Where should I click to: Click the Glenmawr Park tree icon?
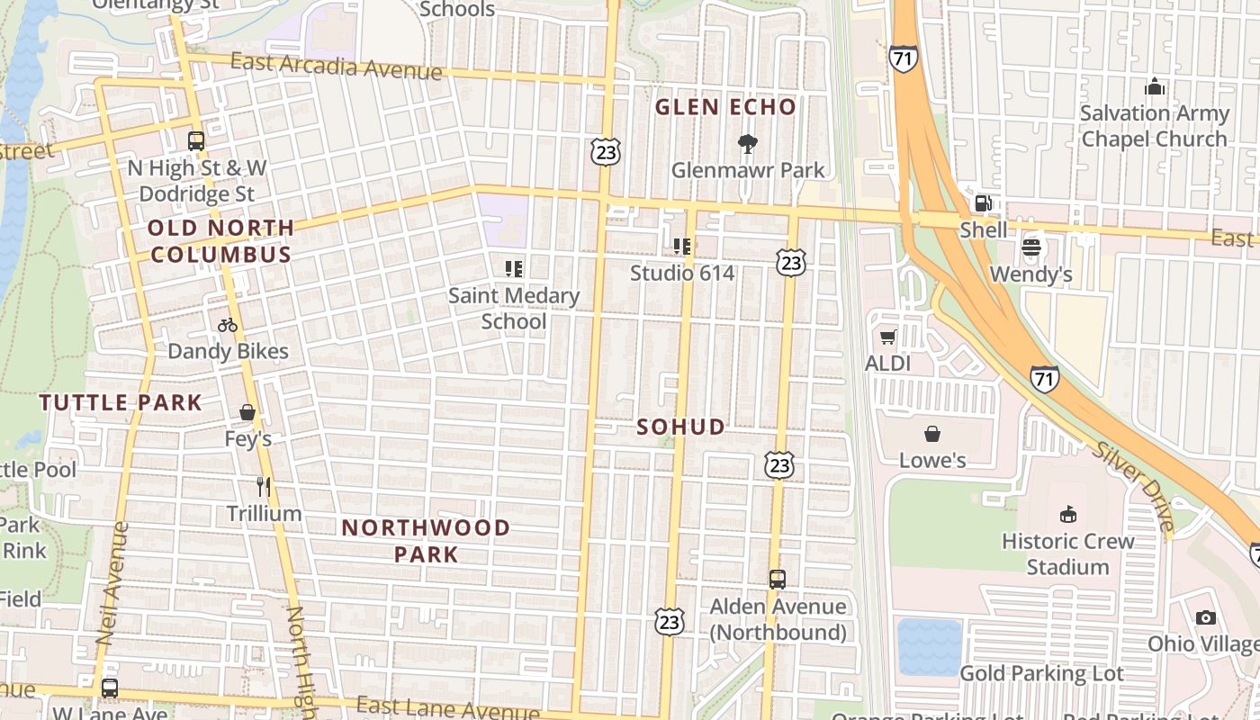pyautogui.click(x=747, y=143)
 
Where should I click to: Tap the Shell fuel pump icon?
pyautogui.click(x=984, y=203)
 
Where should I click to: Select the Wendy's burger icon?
pyautogui.click(x=1031, y=247)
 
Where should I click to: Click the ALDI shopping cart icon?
pyautogui.click(x=888, y=337)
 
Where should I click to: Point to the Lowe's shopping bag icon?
pyautogui.click(x=932, y=434)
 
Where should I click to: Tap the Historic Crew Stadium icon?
pyautogui.click(x=1068, y=515)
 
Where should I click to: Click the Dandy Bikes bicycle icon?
pyautogui.click(x=228, y=325)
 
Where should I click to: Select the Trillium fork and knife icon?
pyautogui.click(x=264, y=487)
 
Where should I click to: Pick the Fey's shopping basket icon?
pyautogui.click(x=247, y=413)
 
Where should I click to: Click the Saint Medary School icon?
pyautogui.click(x=514, y=268)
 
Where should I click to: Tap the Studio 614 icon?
pyautogui.click(x=682, y=246)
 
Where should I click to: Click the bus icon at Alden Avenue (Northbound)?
pyautogui.click(x=778, y=580)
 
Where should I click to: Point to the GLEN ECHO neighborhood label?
pyautogui.click(x=725, y=107)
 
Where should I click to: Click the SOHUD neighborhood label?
pyautogui.click(x=680, y=427)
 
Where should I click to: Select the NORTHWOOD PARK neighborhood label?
pyautogui.click(x=426, y=540)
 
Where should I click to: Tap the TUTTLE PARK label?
pyautogui.click(x=121, y=402)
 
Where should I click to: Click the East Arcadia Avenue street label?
pyautogui.click(x=336, y=67)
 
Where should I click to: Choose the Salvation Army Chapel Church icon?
pyautogui.click(x=1154, y=87)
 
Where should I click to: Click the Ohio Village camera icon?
pyautogui.click(x=1206, y=617)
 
